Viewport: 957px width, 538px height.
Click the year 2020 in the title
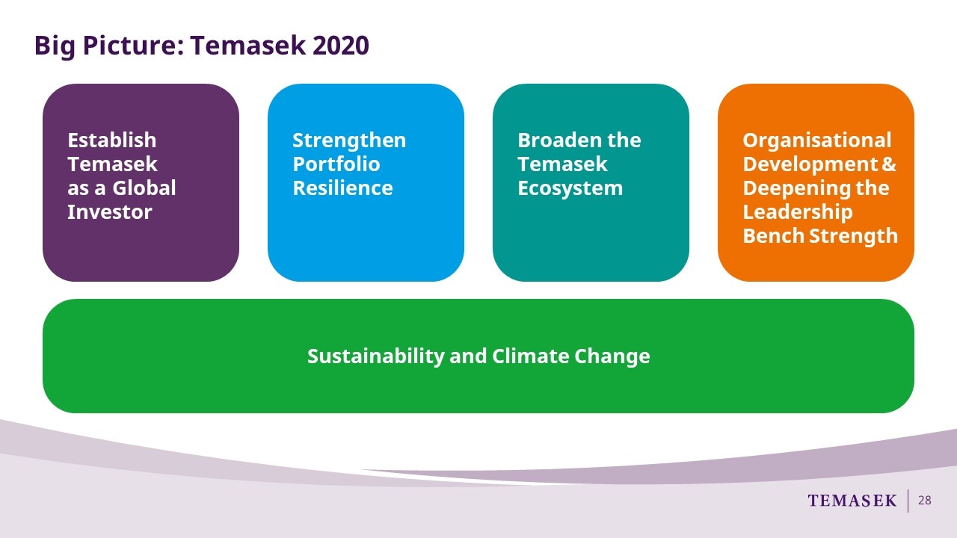pyautogui.click(x=340, y=46)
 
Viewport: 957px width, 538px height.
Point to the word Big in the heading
pyautogui.click(x=55, y=46)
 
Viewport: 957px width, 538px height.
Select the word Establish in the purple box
pyautogui.click(x=112, y=140)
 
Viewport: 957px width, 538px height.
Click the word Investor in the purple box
pyautogui.click(x=109, y=211)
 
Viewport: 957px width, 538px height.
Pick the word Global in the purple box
pyautogui.click(x=144, y=188)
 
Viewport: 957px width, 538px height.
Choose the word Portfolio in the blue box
pyautogui.click(x=336, y=164)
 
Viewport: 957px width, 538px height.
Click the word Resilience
pyautogui.click(x=342, y=188)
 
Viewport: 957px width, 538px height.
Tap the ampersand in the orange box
pyautogui.click(x=889, y=164)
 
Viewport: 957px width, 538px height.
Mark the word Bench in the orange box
pyautogui.click(x=774, y=235)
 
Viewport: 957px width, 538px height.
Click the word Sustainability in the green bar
pyautogui.click(x=376, y=356)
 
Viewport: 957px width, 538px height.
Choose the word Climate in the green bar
pyautogui.click(x=531, y=356)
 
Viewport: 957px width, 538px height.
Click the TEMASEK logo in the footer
pyautogui.click(x=852, y=501)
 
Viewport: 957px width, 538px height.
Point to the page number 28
pyautogui.click(x=925, y=501)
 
